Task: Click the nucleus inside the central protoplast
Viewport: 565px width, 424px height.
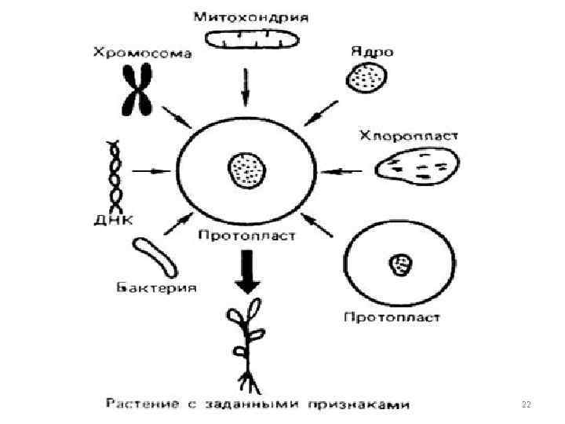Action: (x=247, y=169)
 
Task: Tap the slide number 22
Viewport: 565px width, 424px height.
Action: (x=526, y=404)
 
